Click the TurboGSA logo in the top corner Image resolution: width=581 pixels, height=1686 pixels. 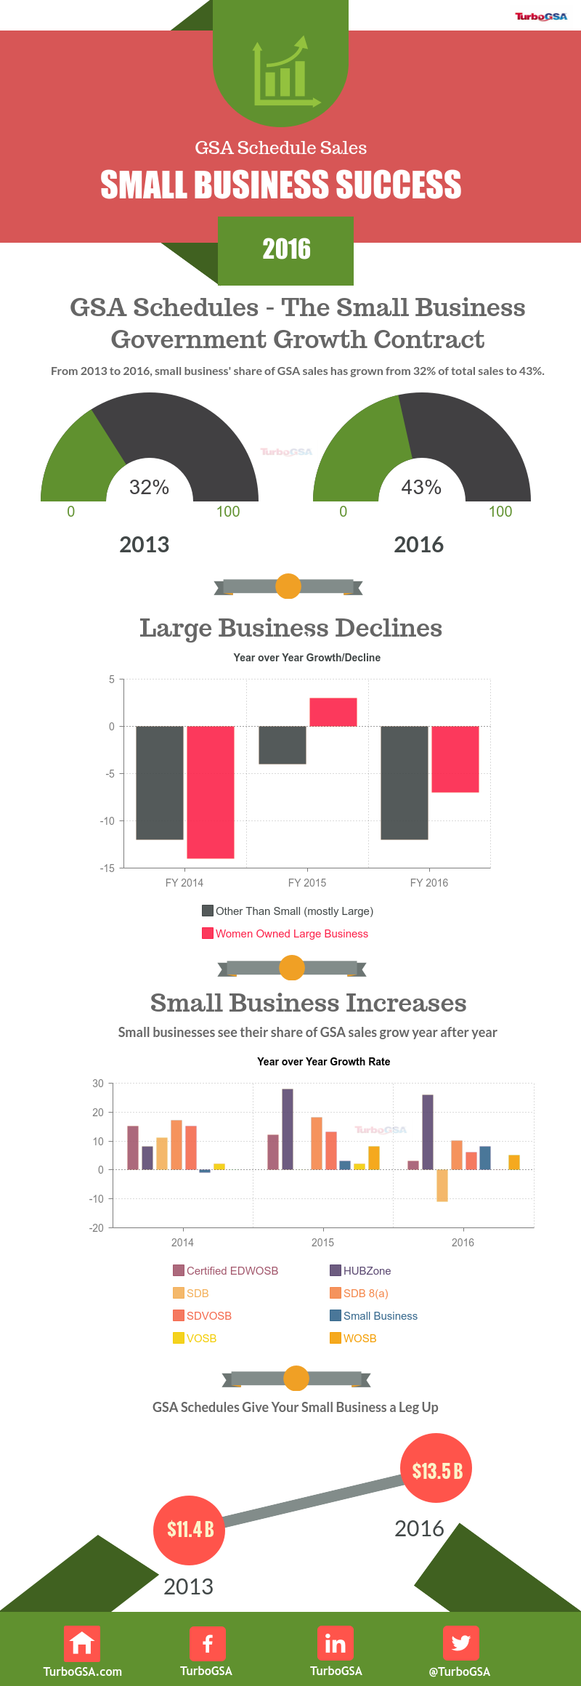point(541,17)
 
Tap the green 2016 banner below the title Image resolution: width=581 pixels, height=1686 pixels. point(286,250)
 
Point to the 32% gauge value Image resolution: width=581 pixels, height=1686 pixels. point(149,487)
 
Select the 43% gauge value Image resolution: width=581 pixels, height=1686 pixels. point(421,487)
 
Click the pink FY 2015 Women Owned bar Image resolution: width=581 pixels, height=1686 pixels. point(333,712)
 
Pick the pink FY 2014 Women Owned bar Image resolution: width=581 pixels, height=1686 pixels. point(211,792)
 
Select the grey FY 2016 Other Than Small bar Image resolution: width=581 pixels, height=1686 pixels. point(405,783)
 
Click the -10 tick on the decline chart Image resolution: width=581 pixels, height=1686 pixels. point(107,821)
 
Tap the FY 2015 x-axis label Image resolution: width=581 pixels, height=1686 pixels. point(307,883)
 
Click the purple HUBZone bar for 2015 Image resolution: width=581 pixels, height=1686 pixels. point(288,1129)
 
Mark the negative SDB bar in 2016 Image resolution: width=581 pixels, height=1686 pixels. point(442,1185)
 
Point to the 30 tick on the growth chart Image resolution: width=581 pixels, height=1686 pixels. point(98,1084)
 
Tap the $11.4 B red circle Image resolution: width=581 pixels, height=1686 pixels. point(190,1530)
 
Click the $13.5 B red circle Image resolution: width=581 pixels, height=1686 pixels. point(436,1471)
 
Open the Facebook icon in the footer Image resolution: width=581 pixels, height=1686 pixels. point(208,1644)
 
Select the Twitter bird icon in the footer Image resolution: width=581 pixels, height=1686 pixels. point(460,1644)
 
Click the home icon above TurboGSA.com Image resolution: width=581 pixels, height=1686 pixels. point(82,1644)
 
